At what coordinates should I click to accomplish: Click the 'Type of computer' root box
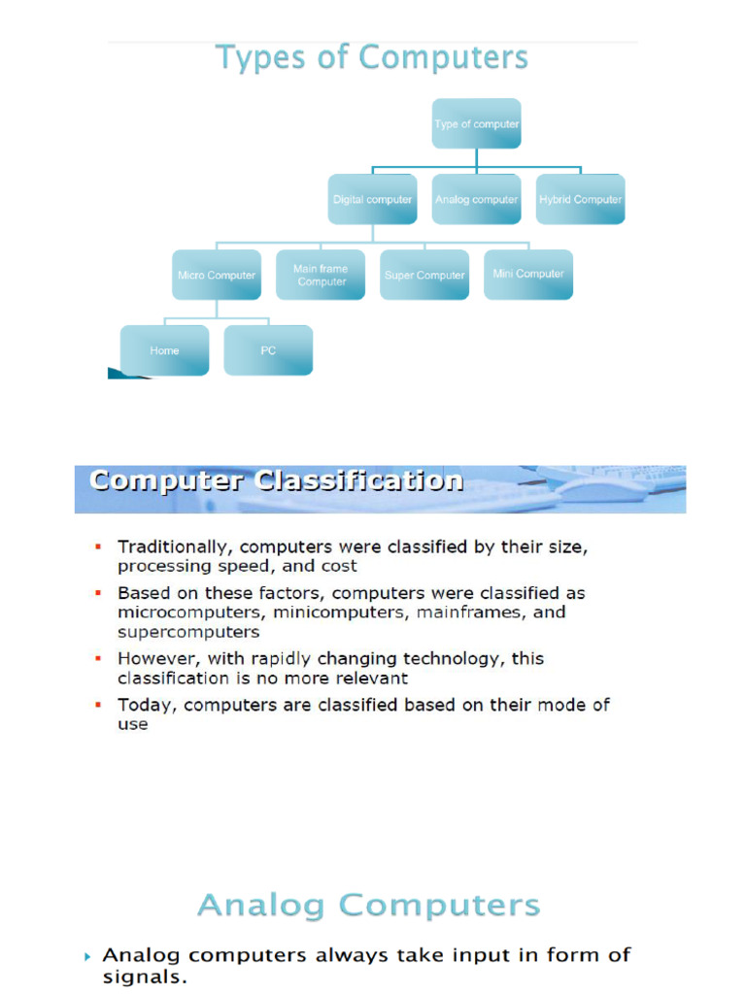(x=476, y=123)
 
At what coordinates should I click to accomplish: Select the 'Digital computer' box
(x=373, y=199)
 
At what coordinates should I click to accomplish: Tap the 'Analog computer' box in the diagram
(x=476, y=199)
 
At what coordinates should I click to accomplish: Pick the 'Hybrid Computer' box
(x=580, y=199)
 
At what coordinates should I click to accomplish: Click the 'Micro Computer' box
(x=217, y=275)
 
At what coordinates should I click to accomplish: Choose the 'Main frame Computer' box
(x=322, y=275)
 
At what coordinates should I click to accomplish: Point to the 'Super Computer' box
(x=424, y=275)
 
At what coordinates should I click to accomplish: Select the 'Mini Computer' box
(x=528, y=274)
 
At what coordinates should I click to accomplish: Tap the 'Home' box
(x=164, y=350)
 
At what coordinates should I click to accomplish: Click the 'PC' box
(x=268, y=350)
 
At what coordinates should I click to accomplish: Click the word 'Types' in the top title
(x=254, y=58)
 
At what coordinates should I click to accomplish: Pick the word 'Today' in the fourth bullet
(x=144, y=705)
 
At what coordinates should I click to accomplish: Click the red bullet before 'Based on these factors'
(x=97, y=592)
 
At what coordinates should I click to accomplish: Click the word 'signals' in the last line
(x=141, y=977)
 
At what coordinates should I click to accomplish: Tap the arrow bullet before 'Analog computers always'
(x=88, y=956)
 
